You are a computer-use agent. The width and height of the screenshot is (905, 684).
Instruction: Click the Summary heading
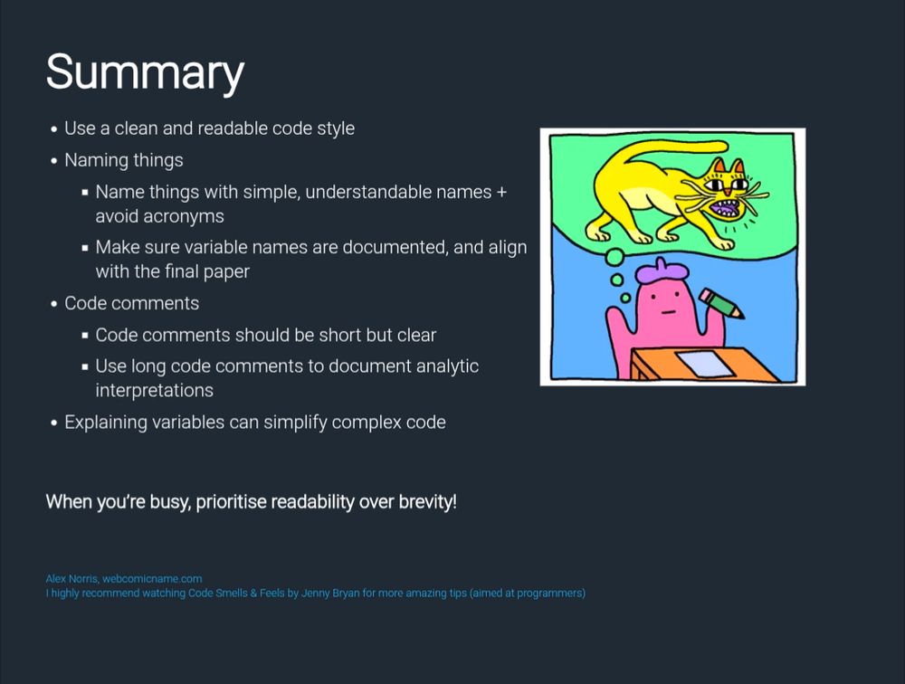(x=145, y=71)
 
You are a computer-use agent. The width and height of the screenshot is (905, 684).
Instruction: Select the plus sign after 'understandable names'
(x=501, y=192)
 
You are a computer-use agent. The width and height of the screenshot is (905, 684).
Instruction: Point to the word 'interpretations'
(x=154, y=390)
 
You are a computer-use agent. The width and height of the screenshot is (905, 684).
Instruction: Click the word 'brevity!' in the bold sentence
(x=427, y=501)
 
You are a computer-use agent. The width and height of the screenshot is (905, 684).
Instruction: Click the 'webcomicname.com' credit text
(x=152, y=578)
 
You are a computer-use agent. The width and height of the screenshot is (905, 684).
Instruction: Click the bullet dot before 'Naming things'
(x=54, y=161)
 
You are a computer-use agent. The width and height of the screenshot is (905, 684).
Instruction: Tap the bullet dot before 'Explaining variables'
(x=54, y=423)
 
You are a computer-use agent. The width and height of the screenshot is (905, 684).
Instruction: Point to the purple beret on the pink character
(x=665, y=269)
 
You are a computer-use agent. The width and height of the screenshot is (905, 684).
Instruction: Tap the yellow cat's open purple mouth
(x=724, y=209)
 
